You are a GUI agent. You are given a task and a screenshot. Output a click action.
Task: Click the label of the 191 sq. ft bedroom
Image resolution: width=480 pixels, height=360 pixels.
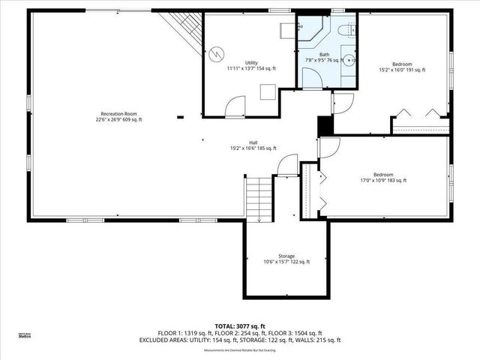[x=401, y=67]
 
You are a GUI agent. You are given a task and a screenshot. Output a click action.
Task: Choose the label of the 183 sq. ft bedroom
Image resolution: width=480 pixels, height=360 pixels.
[x=384, y=177]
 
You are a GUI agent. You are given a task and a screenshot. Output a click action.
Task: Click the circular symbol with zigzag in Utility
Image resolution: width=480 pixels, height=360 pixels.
[x=217, y=53]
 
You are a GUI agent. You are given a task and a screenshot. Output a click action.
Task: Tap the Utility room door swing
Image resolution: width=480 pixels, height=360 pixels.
[x=235, y=108]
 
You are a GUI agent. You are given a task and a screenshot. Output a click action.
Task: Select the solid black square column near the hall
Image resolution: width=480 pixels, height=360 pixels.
[x=325, y=127]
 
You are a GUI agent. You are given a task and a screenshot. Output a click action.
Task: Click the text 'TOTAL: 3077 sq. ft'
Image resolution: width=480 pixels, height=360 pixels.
[x=240, y=326]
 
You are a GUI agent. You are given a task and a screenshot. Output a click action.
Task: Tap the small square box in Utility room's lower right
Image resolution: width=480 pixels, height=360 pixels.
[x=267, y=91]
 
